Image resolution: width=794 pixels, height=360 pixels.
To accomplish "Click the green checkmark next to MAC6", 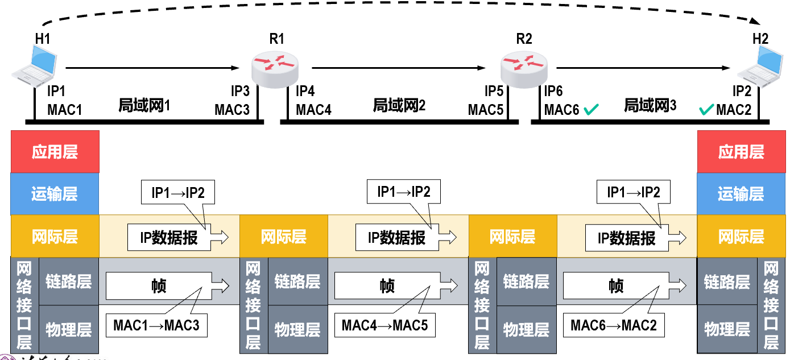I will (591, 109).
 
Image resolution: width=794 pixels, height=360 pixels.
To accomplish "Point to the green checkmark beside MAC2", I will (706, 109).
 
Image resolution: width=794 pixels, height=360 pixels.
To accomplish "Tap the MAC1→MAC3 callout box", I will (156, 326).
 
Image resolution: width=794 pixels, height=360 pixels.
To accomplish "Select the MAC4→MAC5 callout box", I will (384, 326).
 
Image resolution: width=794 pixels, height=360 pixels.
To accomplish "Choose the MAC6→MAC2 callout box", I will (614, 326).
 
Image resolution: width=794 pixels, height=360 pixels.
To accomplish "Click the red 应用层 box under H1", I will (55, 152).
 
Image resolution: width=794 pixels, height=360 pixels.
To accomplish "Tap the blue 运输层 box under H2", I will (741, 194).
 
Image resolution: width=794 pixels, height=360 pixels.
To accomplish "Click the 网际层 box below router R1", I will (284, 237).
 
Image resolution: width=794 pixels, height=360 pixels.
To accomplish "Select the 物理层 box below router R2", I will (526, 329).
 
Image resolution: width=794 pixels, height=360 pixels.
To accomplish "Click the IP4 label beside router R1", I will (305, 91).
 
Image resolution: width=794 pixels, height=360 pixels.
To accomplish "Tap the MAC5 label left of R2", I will (486, 109).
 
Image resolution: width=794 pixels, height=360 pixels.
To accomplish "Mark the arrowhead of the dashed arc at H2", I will (755, 21).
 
